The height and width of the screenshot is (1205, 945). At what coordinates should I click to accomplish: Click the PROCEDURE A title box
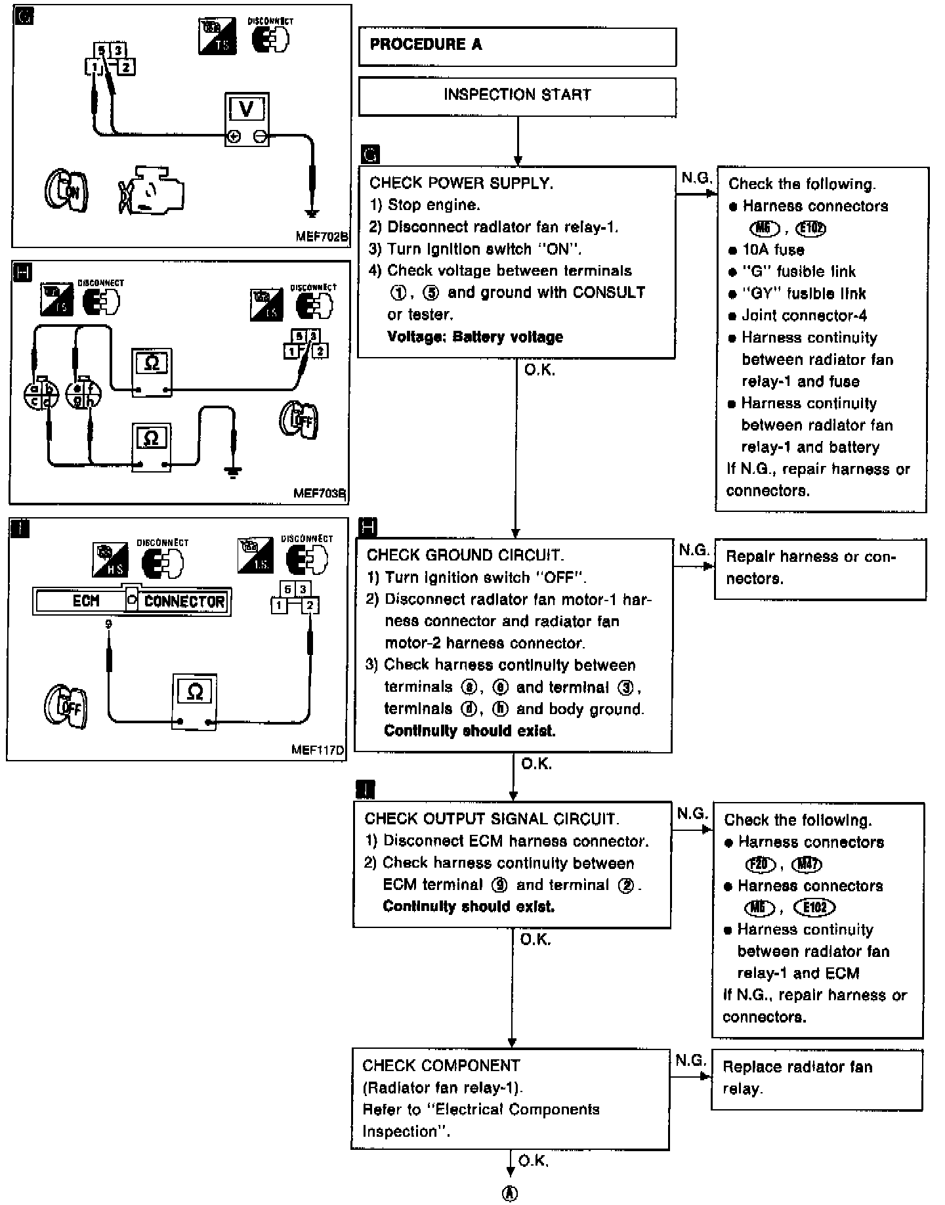coord(517,46)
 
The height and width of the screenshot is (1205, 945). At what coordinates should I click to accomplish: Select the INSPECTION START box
coord(517,96)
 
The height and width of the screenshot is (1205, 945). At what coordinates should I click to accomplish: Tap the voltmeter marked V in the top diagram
coord(246,119)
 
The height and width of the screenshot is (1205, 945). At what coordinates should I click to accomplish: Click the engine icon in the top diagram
coord(152,190)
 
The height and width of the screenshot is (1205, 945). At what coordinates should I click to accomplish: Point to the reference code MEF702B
coord(322,237)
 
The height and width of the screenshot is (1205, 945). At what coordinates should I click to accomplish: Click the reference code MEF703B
coord(320,493)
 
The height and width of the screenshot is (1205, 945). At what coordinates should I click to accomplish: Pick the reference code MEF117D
coord(318,750)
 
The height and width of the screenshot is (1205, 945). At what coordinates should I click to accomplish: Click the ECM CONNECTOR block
coord(131,601)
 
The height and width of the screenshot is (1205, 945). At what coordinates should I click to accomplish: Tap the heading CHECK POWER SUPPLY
coord(461,184)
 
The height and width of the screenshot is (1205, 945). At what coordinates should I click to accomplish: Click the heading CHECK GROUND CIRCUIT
coord(465,555)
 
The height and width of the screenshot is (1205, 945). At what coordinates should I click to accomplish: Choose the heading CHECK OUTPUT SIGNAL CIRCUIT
coord(492,819)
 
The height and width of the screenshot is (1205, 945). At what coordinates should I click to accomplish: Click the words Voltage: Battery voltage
coord(474,337)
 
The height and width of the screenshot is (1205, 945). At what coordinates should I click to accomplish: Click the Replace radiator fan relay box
coord(816,1078)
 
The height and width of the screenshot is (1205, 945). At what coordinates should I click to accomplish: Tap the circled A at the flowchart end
coord(510,1193)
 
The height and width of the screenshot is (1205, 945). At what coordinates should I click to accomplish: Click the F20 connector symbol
coord(760,864)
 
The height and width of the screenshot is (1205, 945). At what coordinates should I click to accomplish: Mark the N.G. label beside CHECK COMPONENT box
coord(690,1060)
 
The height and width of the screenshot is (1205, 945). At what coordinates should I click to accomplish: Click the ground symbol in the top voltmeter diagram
coord(312,213)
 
